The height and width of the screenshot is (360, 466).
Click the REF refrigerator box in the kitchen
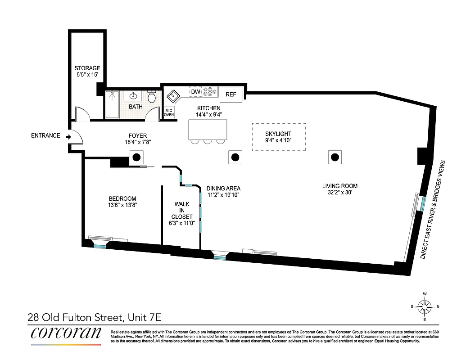tap(231, 94)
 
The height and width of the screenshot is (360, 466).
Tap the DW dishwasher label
tap(195, 92)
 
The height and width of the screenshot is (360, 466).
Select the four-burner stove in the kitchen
tap(209, 92)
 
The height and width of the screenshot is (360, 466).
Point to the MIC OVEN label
tap(169, 112)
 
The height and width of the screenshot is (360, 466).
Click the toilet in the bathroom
tap(152, 97)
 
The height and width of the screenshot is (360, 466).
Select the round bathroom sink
tap(134, 95)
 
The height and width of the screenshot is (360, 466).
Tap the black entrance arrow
tap(68, 136)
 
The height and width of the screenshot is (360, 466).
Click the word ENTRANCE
tap(45, 136)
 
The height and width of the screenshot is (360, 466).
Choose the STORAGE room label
tap(87, 68)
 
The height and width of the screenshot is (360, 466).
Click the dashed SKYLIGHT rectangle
tap(278, 137)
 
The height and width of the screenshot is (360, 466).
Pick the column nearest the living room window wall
tap(335, 157)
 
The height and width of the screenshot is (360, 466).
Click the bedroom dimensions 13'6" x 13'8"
tap(122, 205)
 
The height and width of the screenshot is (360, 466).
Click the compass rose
tap(424, 308)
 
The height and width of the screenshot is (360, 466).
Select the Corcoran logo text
tap(66, 333)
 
